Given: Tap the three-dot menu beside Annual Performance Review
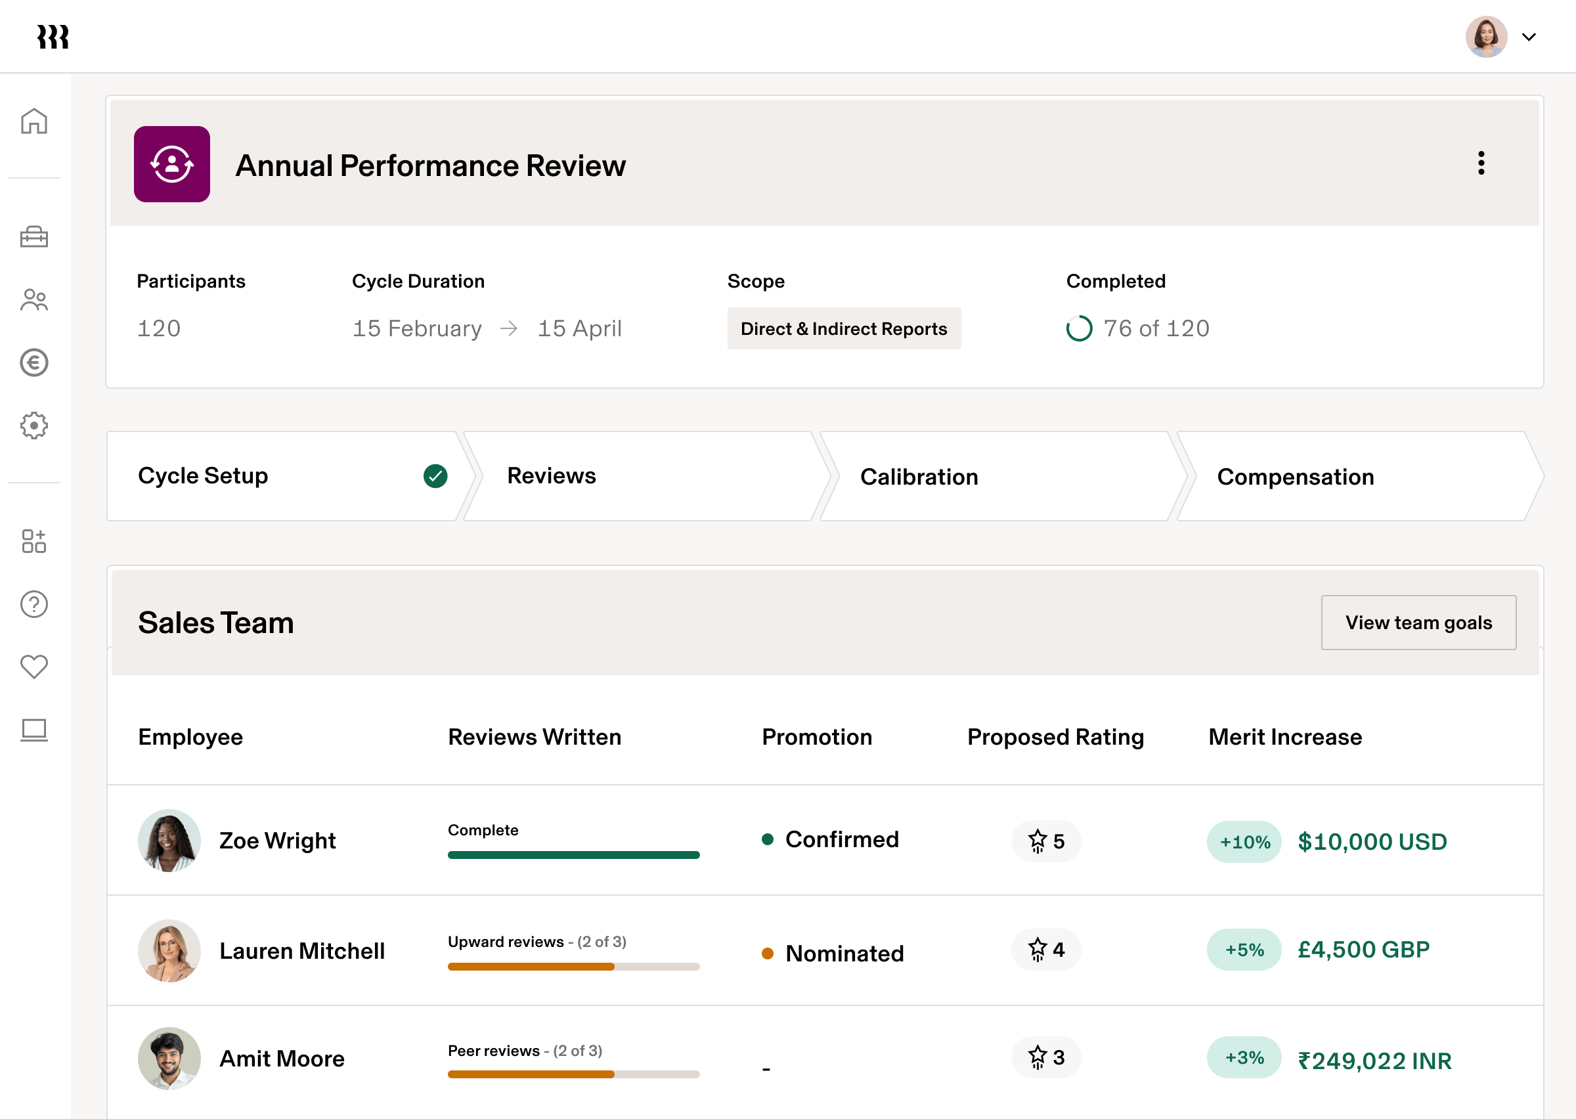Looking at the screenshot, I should point(1481,164).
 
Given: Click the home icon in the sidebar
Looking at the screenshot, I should point(33,121).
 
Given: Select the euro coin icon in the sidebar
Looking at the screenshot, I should point(33,362).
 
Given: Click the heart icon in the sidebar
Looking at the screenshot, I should point(33,667).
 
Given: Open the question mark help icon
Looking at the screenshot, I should point(33,604).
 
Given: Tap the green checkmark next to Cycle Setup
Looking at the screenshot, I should point(435,476).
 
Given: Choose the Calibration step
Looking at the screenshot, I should point(919,477).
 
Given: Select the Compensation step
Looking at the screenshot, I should point(1295,477).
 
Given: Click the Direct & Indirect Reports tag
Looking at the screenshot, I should point(844,328).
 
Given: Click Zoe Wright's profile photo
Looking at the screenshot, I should point(169,841).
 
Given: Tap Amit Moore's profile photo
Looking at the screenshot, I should point(169,1059).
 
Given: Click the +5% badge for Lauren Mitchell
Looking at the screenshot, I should point(1244,950).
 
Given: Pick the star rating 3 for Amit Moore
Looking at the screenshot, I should point(1046,1058).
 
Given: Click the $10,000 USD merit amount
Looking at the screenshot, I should point(1372,841).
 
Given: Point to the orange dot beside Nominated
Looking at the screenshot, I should point(768,954).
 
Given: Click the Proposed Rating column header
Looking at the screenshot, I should point(1055,737).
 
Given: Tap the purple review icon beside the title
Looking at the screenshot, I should point(172,164).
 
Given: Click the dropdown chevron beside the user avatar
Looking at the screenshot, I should point(1529,37).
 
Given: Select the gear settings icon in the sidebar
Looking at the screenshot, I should point(33,425).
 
